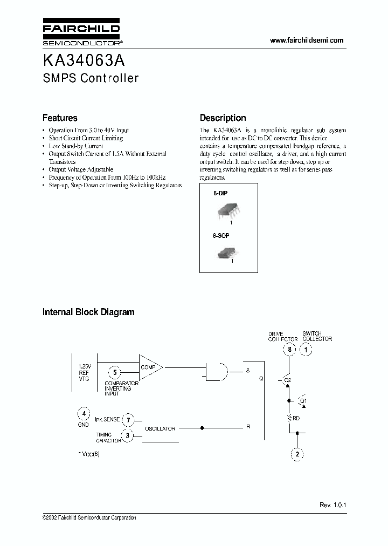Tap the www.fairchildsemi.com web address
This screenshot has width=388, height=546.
pyautogui.click(x=306, y=40)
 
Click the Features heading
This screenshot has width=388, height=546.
pyautogui.click(x=60, y=118)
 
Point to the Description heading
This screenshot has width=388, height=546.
pyautogui.click(x=223, y=118)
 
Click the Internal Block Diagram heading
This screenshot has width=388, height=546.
pyautogui.click(x=88, y=312)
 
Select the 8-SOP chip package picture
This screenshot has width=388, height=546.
pyautogui.click(x=227, y=252)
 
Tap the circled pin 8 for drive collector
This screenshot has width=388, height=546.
pyautogui.click(x=290, y=350)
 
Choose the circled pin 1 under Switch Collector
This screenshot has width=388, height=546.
pyautogui.click(x=306, y=350)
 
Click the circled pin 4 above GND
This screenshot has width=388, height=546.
pyautogui.click(x=83, y=414)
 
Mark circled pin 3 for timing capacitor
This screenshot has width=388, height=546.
pyautogui.click(x=128, y=435)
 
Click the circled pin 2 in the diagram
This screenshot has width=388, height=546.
pyautogui.click(x=297, y=454)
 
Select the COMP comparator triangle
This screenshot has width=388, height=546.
pyautogui.click(x=149, y=367)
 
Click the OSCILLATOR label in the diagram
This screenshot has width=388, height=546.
pyautogui.click(x=160, y=428)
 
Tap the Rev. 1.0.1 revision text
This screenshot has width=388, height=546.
pyautogui.click(x=332, y=505)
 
